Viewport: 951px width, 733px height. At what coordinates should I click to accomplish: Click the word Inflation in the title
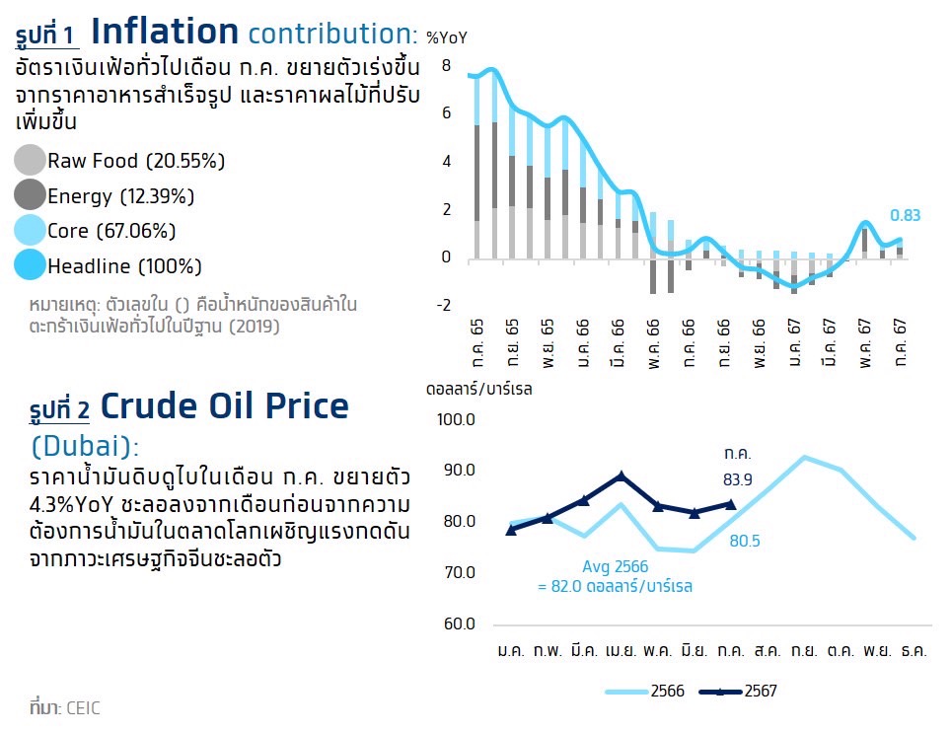click(x=165, y=32)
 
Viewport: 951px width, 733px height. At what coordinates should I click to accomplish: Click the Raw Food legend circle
click(x=32, y=160)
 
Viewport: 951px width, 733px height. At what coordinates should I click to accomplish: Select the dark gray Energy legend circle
click(x=32, y=195)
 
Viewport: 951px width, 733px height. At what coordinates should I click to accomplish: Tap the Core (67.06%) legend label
click(x=111, y=232)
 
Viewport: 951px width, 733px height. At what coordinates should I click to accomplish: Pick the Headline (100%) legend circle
click(x=32, y=265)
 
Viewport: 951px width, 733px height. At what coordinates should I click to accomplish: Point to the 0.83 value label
click(x=906, y=216)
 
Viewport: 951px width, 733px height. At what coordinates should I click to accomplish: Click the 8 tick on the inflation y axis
click(x=446, y=66)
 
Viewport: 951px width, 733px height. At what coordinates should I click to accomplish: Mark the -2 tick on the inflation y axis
click(x=443, y=305)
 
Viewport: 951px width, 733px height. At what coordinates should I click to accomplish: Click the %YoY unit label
click(x=447, y=37)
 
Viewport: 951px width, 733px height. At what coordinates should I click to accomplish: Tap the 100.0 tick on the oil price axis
click(x=456, y=420)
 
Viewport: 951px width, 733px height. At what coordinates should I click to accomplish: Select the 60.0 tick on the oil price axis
click(x=457, y=624)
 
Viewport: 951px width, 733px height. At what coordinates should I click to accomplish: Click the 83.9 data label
click(x=739, y=480)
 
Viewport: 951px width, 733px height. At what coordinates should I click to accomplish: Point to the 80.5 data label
click(x=745, y=541)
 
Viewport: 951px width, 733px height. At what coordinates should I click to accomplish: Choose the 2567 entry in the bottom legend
click(x=761, y=692)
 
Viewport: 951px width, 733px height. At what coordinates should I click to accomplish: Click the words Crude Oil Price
click(x=225, y=406)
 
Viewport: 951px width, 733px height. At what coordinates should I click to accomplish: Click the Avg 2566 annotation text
click(x=615, y=567)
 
